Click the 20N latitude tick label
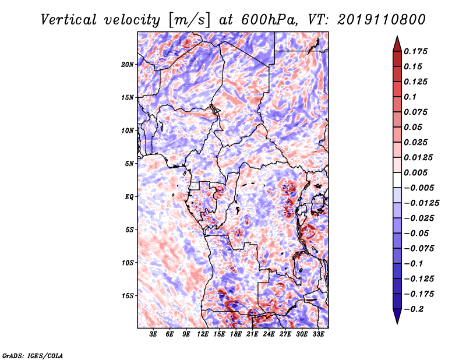coord(127,65)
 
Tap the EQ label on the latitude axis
coord(129,197)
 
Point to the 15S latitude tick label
coord(127,296)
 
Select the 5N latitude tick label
coord(129,164)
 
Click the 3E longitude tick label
coord(153,334)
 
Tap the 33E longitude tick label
coord(318,334)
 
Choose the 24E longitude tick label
coord(269,334)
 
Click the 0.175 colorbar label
coord(415,51)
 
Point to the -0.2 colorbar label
coord(414,309)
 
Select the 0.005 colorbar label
coord(415,172)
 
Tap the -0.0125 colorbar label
coord(421,203)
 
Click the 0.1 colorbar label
coord(410,97)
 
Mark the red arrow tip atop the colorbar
coord(397,36)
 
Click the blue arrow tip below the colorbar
coord(397,323)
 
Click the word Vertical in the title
coord(68,20)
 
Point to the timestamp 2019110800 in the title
coord(382,20)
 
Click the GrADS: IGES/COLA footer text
coord(33,355)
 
